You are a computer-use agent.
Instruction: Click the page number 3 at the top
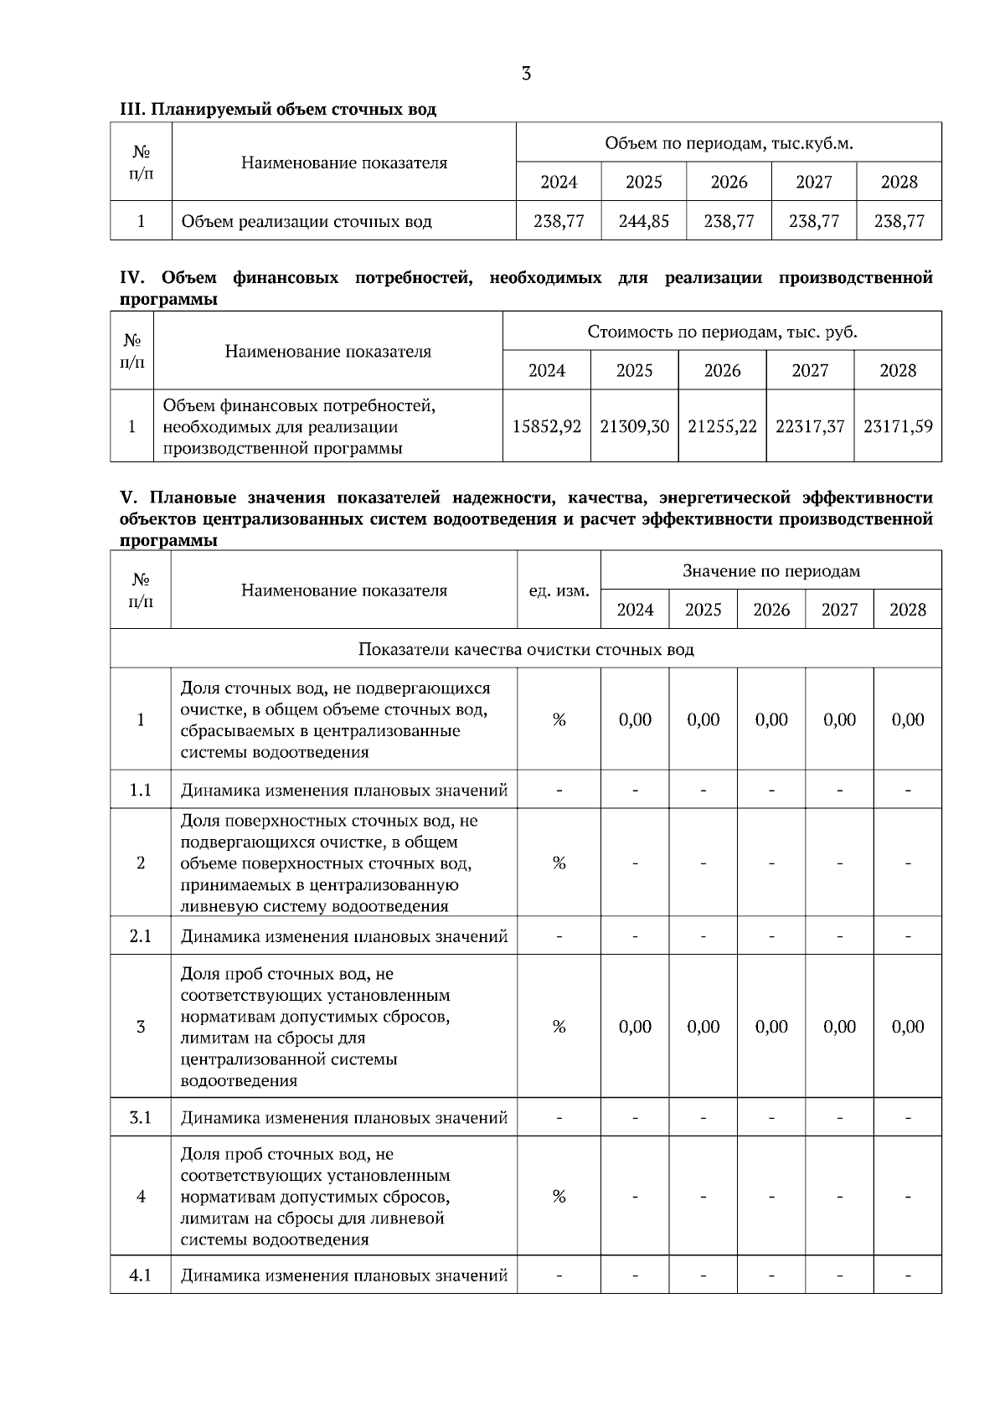[x=526, y=74]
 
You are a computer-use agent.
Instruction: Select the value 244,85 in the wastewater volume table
[x=643, y=221]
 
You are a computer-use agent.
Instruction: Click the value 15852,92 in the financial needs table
[x=547, y=426]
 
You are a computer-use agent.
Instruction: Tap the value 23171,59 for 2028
[x=898, y=426]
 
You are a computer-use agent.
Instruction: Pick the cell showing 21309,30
[x=635, y=426]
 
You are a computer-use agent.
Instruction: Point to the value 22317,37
[x=810, y=426]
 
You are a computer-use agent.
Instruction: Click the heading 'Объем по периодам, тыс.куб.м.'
[x=729, y=143]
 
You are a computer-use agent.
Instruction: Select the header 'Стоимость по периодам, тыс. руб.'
[x=722, y=332]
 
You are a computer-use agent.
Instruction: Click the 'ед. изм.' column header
[x=559, y=590]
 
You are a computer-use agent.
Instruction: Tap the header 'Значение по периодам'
[x=771, y=571]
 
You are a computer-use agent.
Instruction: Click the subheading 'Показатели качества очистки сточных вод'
[x=526, y=649]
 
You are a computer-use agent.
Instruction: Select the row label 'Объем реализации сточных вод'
[x=307, y=222]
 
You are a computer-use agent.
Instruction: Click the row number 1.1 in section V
[x=141, y=790]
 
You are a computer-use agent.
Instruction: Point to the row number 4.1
[x=141, y=1275]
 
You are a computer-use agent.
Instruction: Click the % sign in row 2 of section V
[x=559, y=863]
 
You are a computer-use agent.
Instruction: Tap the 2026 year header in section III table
[x=729, y=182]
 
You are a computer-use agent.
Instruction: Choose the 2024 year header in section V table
[x=635, y=610]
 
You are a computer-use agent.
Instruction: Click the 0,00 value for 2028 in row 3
[x=908, y=1027]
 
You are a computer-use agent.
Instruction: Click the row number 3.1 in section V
[x=141, y=1117]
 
